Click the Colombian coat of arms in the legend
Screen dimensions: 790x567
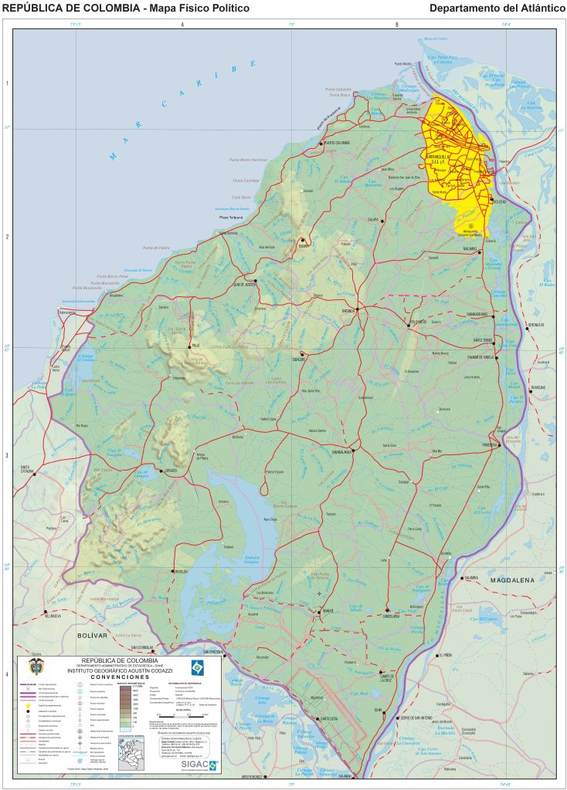35,667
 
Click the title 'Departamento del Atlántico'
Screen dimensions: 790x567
497,8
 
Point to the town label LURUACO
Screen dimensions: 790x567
170,471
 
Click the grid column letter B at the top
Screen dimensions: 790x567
396,25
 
